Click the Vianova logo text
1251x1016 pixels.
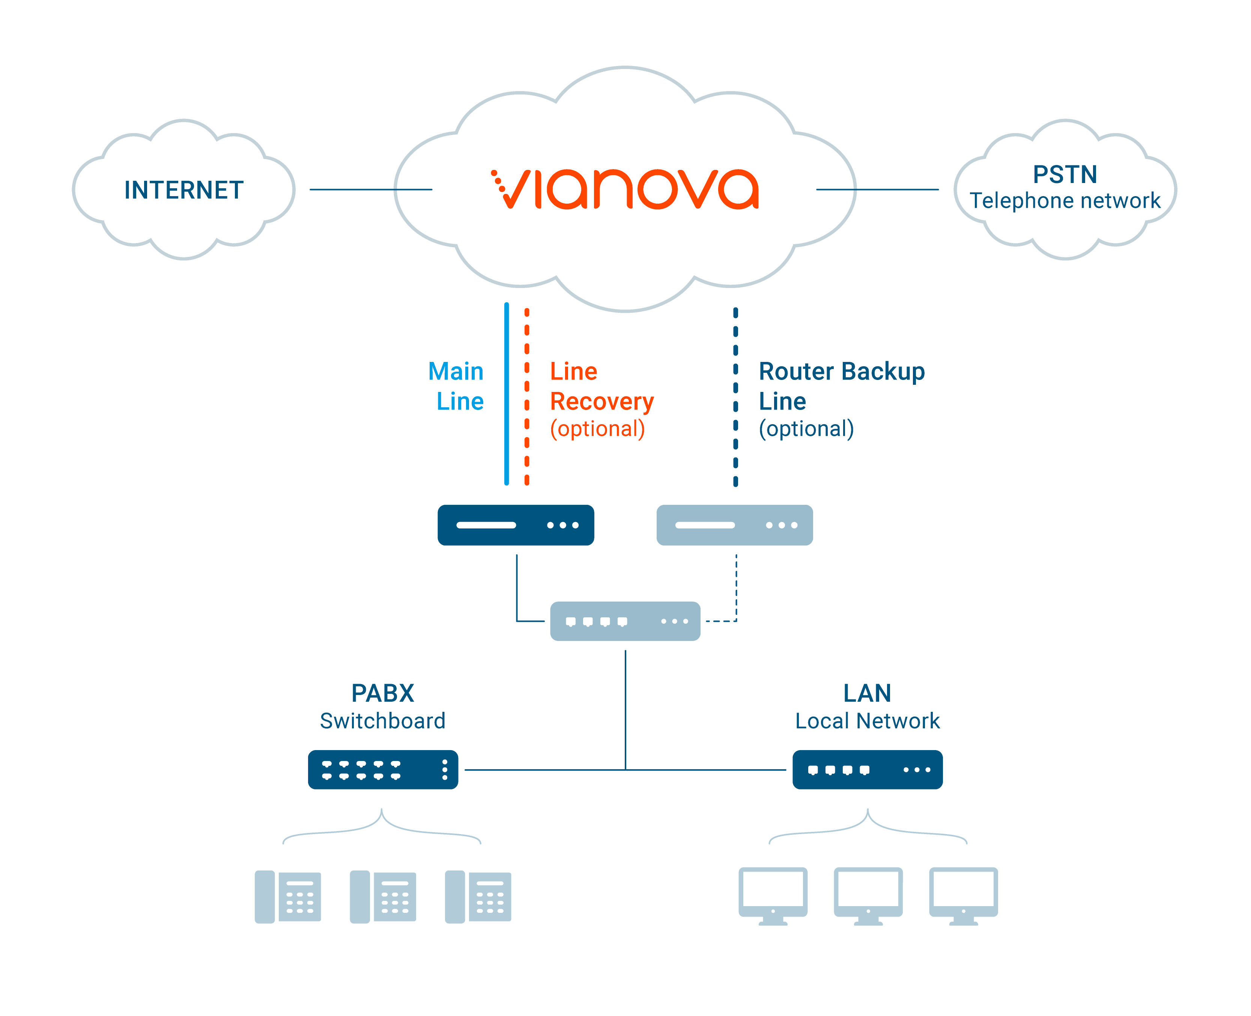[x=625, y=189]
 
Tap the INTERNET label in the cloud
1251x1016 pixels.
[x=184, y=190]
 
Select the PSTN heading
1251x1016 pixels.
[x=1065, y=174]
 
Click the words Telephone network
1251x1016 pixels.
[x=1065, y=201]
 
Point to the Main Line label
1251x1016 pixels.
[x=456, y=386]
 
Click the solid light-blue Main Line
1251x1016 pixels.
[x=507, y=394]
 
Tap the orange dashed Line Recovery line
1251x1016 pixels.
[x=527, y=396]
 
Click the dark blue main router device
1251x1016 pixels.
[x=516, y=525]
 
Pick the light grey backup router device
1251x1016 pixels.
[x=735, y=525]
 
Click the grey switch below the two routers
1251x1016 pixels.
[x=625, y=621]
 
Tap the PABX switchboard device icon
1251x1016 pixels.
[x=383, y=770]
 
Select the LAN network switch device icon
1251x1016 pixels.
[x=868, y=770]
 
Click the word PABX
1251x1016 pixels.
[x=383, y=693]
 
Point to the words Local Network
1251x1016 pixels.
[x=868, y=721]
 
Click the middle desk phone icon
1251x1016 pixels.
[x=383, y=897]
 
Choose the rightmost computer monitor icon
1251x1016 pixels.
[x=964, y=896]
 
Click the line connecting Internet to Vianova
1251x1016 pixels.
[x=371, y=190]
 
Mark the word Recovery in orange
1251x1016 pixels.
[x=602, y=402]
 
